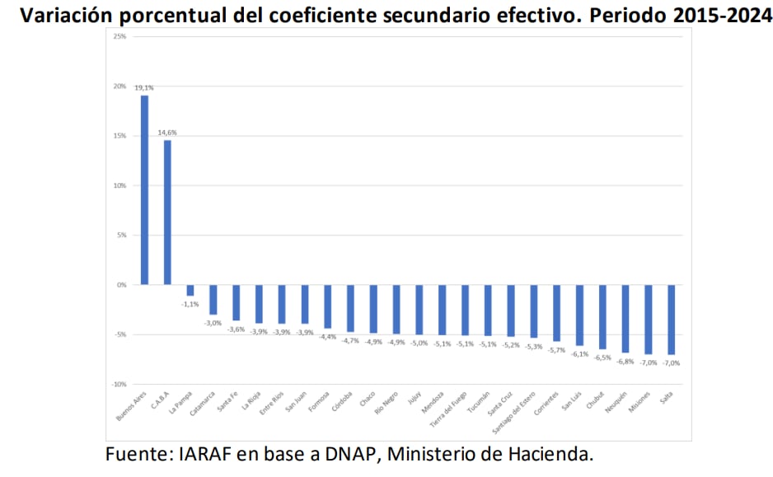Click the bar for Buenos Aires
pos(144,190)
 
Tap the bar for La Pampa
pos(190,290)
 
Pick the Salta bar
pos(672,320)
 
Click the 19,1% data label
pos(144,87)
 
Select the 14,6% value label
pos(167,132)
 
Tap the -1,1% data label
pos(190,304)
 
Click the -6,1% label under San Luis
pos(580,354)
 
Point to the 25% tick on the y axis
pos(120,37)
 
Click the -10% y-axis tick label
pos(119,384)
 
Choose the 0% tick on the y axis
pos(122,285)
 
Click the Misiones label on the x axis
pos(640,401)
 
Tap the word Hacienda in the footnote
pos(551,453)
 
